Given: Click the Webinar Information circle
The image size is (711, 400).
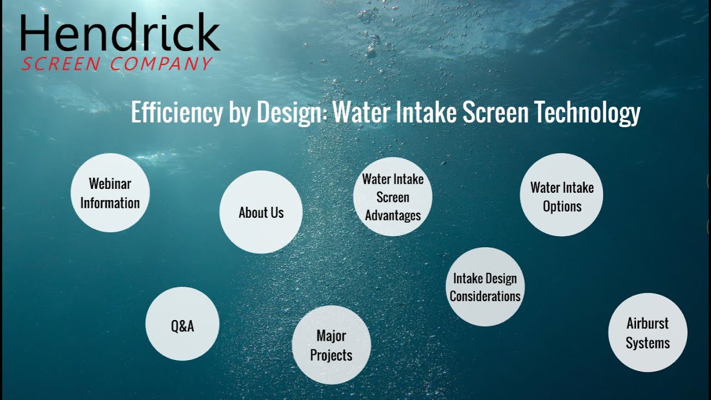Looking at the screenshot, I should [110, 193].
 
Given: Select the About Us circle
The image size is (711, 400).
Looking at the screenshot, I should [261, 212].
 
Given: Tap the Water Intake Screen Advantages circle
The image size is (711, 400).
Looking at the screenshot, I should [393, 197].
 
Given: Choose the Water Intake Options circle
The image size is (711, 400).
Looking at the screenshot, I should [561, 195].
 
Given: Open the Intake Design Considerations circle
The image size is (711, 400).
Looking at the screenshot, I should [485, 287].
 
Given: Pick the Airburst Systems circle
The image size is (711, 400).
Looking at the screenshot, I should [648, 332].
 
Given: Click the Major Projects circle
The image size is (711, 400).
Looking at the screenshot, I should [331, 345].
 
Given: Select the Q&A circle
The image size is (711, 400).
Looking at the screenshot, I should [182, 324].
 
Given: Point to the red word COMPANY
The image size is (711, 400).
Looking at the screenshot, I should [161, 64].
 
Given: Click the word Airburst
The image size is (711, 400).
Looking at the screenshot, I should [648, 323].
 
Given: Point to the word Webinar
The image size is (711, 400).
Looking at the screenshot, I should [110, 183].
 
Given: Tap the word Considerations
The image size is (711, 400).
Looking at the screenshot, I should [485, 296].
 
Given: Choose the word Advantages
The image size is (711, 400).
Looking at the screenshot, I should [393, 215].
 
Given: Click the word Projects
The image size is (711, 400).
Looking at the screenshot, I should [331, 355].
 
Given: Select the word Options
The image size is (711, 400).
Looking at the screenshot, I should [562, 206].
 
